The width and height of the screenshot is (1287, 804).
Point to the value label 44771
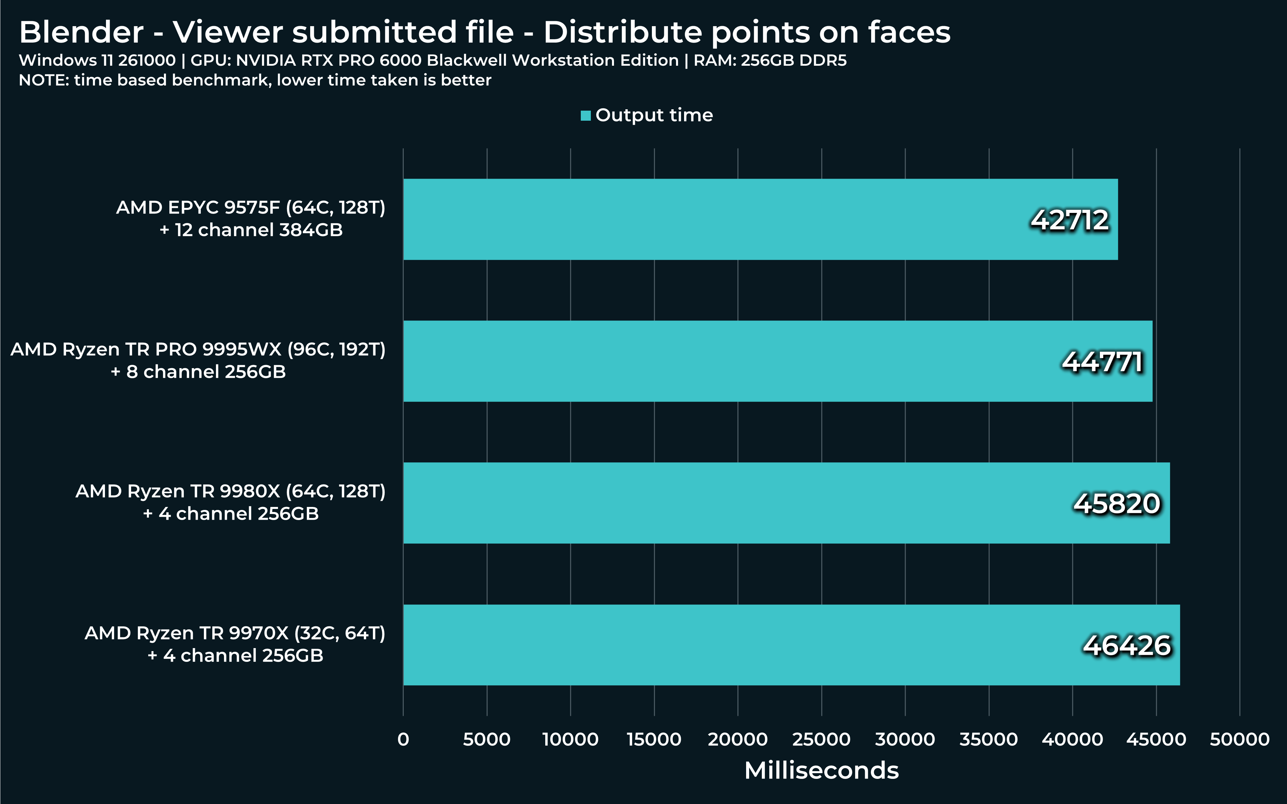(1103, 362)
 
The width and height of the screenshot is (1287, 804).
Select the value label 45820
(1117, 504)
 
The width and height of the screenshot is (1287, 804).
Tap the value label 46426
(1127, 645)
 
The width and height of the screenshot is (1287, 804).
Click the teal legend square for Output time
(585, 115)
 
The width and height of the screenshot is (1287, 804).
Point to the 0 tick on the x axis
(403, 739)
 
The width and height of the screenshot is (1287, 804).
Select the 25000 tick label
(821, 739)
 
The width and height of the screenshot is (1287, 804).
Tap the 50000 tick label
(1239, 739)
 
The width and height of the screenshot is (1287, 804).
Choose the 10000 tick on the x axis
(570, 739)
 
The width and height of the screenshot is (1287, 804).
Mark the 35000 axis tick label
(988, 739)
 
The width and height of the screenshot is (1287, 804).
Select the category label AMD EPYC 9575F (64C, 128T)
(250, 208)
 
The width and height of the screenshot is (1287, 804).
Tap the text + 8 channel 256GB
(198, 372)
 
